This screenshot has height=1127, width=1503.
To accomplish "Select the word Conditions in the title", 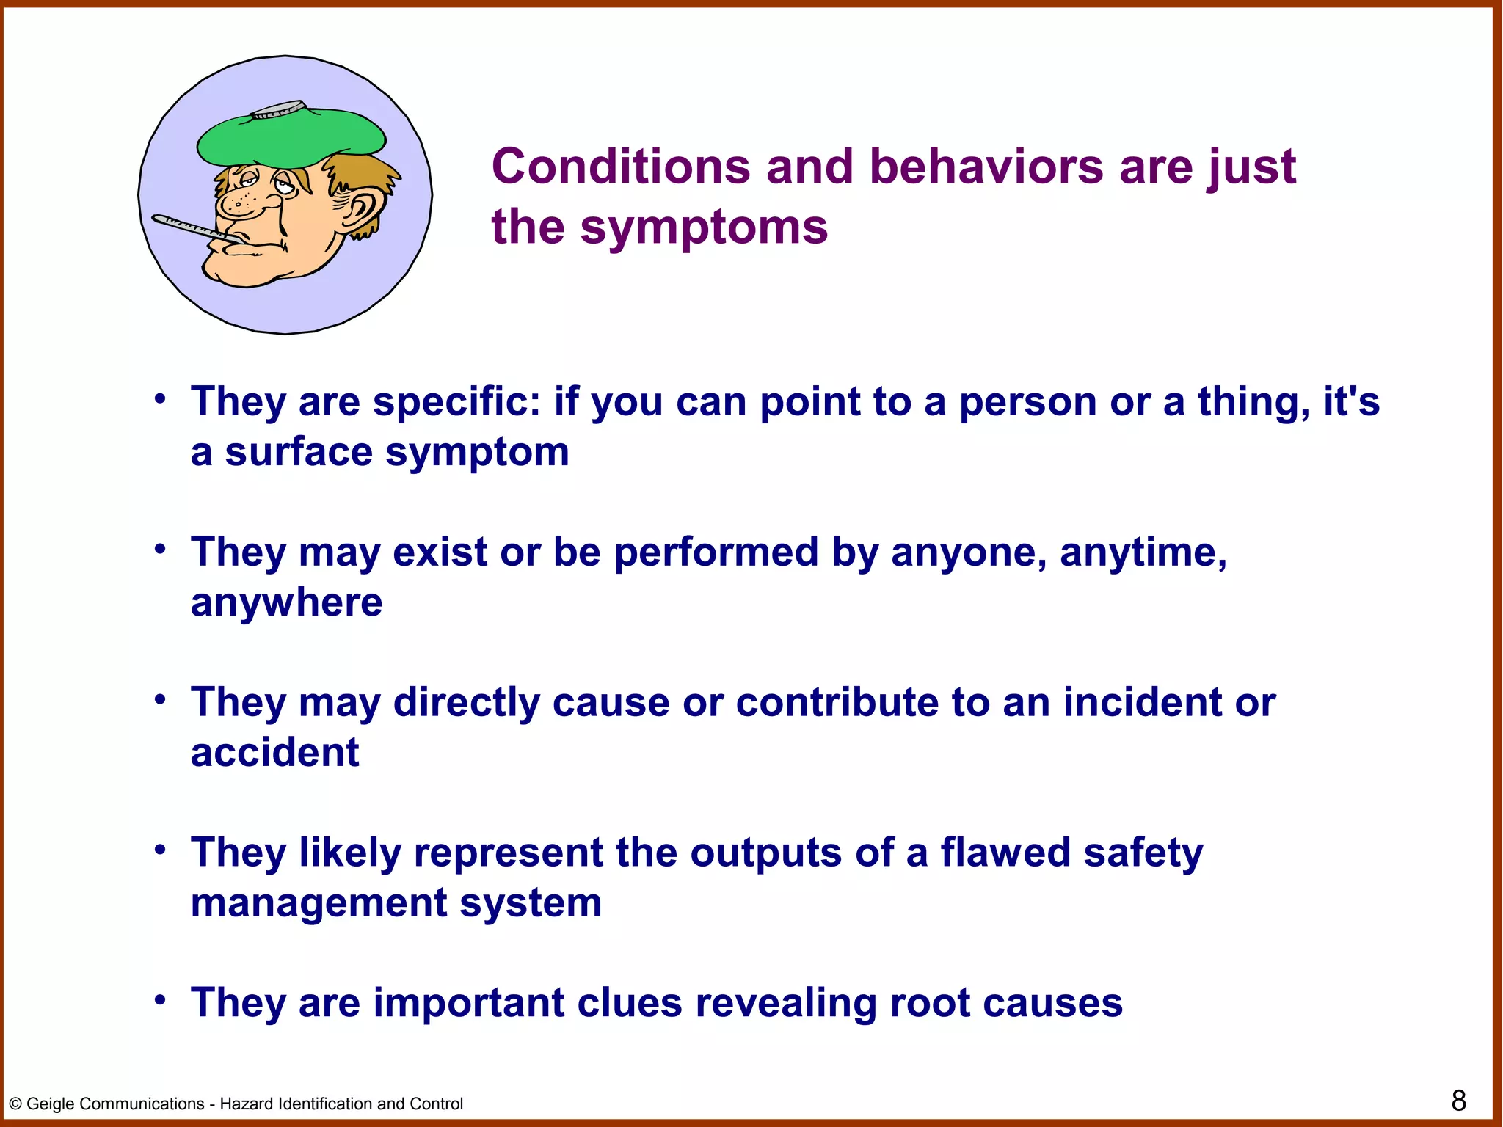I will [x=621, y=167].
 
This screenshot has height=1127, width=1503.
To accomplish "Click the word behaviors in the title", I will [x=986, y=167].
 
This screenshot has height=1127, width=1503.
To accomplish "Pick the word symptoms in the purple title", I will [x=704, y=227].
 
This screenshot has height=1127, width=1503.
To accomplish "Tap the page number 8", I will [x=1458, y=1101].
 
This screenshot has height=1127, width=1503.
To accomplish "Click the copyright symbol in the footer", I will [x=15, y=1104].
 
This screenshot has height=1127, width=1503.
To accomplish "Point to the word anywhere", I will [x=286, y=603].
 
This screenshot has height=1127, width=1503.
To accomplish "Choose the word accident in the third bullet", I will [x=274, y=753].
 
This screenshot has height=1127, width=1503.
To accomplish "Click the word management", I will [x=319, y=903].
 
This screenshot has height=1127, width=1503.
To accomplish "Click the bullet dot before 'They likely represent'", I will [x=160, y=850].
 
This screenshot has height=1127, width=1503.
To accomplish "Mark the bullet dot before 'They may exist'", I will [x=160, y=550].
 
